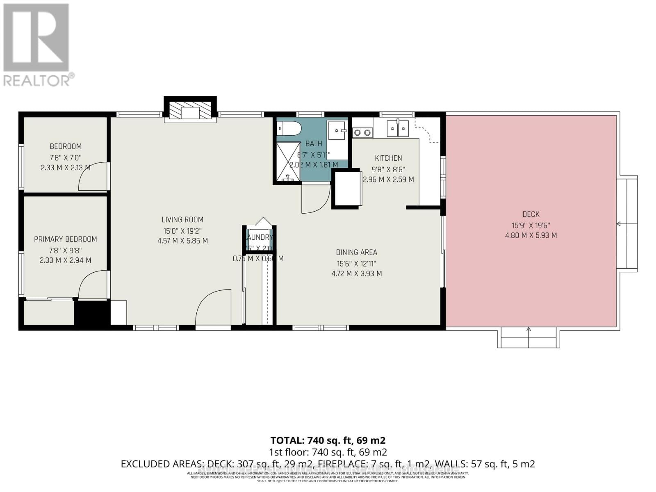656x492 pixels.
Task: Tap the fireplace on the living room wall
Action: (x=190, y=111)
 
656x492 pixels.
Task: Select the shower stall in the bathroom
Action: (x=288, y=162)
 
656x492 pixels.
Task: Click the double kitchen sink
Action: (x=397, y=128)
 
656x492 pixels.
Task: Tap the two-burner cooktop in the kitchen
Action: (x=362, y=132)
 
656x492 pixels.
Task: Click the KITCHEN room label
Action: (x=388, y=158)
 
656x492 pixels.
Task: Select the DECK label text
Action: (x=531, y=214)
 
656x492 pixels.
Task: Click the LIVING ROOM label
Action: (x=182, y=220)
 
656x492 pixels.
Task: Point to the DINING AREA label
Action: (x=356, y=253)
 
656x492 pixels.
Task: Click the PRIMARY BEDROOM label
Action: (x=66, y=239)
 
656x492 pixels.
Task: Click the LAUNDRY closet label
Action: (x=259, y=237)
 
